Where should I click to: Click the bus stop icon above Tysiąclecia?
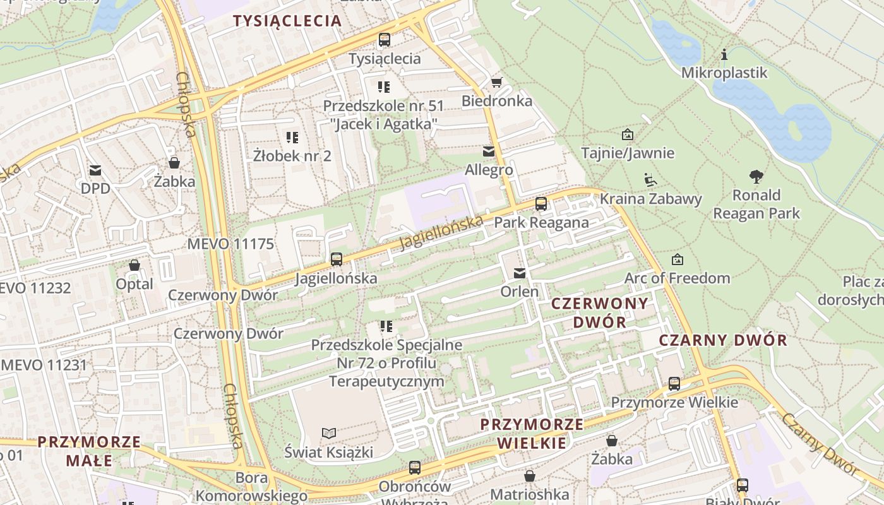click(384, 40)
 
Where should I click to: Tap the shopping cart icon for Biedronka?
click(496, 82)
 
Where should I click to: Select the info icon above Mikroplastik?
click(724, 54)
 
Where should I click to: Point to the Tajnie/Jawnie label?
click(628, 153)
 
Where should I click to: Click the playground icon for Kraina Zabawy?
click(650, 180)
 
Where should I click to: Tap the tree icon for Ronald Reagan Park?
click(756, 176)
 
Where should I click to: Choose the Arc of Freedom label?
click(677, 278)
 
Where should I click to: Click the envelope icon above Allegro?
click(489, 151)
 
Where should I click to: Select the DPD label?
click(95, 188)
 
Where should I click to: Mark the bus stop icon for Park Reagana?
click(541, 204)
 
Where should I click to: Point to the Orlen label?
click(520, 292)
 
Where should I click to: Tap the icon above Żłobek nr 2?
click(292, 137)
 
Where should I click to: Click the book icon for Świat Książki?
click(329, 433)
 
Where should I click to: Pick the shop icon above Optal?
click(134, 265)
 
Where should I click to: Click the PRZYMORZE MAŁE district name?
click(89, 451)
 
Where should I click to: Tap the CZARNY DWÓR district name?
click(723, 341)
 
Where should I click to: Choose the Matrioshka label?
click(529, 494)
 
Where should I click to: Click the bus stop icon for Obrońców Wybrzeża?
click(415, 468)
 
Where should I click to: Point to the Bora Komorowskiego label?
click(251, 487)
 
